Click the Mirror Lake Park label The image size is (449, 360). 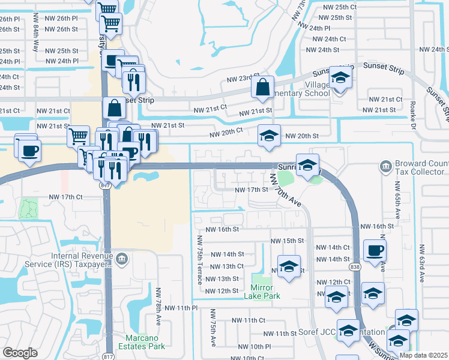pyautogui.click(x=262, y=291)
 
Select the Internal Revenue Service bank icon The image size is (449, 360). pyautogui.click(x=122, y=259)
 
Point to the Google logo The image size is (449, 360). pyautogui.click(x=20, y=353)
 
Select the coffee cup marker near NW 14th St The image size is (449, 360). pyautogui.click(x=375, y=250)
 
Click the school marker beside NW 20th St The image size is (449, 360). pyautogui.click(x=269, y=136)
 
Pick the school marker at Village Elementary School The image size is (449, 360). pyautogui.click(x=340, y=79)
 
